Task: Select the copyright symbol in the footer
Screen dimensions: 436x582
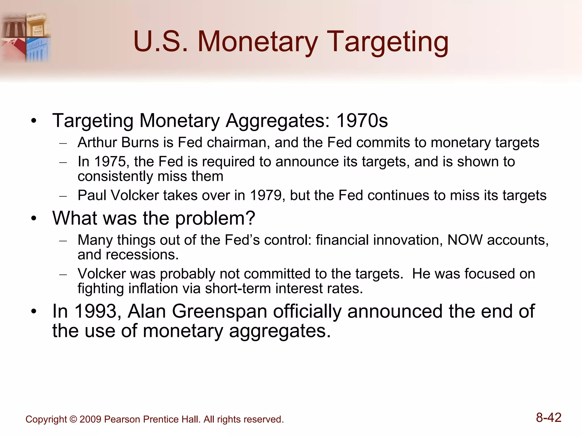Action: (x=73, y=419)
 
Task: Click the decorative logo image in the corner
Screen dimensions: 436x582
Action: (x=26, y=37)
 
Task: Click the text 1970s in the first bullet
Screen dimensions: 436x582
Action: (x=362, y=121)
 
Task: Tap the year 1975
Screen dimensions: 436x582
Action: (x=110, y=162)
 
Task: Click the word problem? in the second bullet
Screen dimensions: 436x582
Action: (x=215, y=219)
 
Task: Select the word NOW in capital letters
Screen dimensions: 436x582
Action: (x=465, y=240)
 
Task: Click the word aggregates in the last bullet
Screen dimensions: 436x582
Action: (x=280, y=331)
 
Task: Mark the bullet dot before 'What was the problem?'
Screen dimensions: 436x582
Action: (x=34, y=219)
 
